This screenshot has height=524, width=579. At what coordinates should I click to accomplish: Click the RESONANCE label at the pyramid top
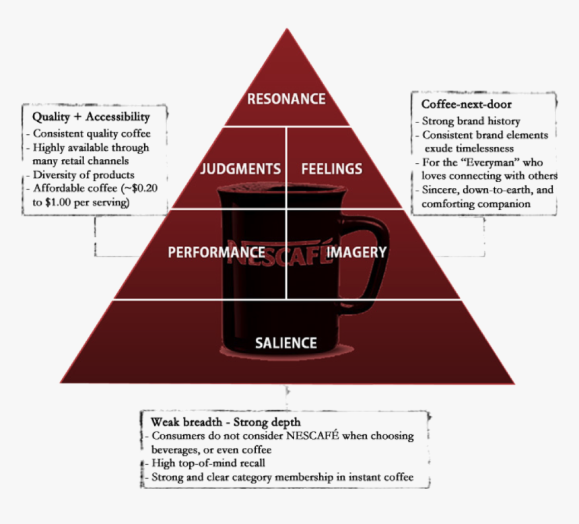(x=286, y=99)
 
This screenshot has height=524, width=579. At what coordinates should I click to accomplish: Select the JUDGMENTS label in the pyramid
(x=240, y=169)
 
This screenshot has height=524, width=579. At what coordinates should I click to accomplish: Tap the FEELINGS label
(x=332, y=169)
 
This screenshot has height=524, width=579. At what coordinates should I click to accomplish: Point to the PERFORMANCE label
(x=216, y=253)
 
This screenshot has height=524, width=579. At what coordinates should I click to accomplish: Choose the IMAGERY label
(x=356, y=253)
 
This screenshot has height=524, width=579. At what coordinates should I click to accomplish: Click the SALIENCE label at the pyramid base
(x=286, y=343)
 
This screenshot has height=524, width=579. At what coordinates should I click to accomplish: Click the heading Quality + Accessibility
(x=91, y=117)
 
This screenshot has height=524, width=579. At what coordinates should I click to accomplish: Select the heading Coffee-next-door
(x=467, y=104)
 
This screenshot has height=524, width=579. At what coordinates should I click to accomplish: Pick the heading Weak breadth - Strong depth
(x=226, y=422)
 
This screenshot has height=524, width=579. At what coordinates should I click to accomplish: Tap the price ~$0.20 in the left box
(x=141, y=188)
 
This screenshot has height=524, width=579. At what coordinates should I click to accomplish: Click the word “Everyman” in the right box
(x=490, y=162)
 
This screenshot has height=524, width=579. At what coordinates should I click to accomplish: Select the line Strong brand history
(x=471, y=121)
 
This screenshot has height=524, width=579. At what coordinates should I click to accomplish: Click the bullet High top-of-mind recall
(x=208, y=463)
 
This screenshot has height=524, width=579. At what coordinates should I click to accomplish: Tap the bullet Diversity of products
(x=83, y=175)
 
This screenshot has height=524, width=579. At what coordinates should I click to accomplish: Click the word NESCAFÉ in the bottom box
(x=312, y=436)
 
